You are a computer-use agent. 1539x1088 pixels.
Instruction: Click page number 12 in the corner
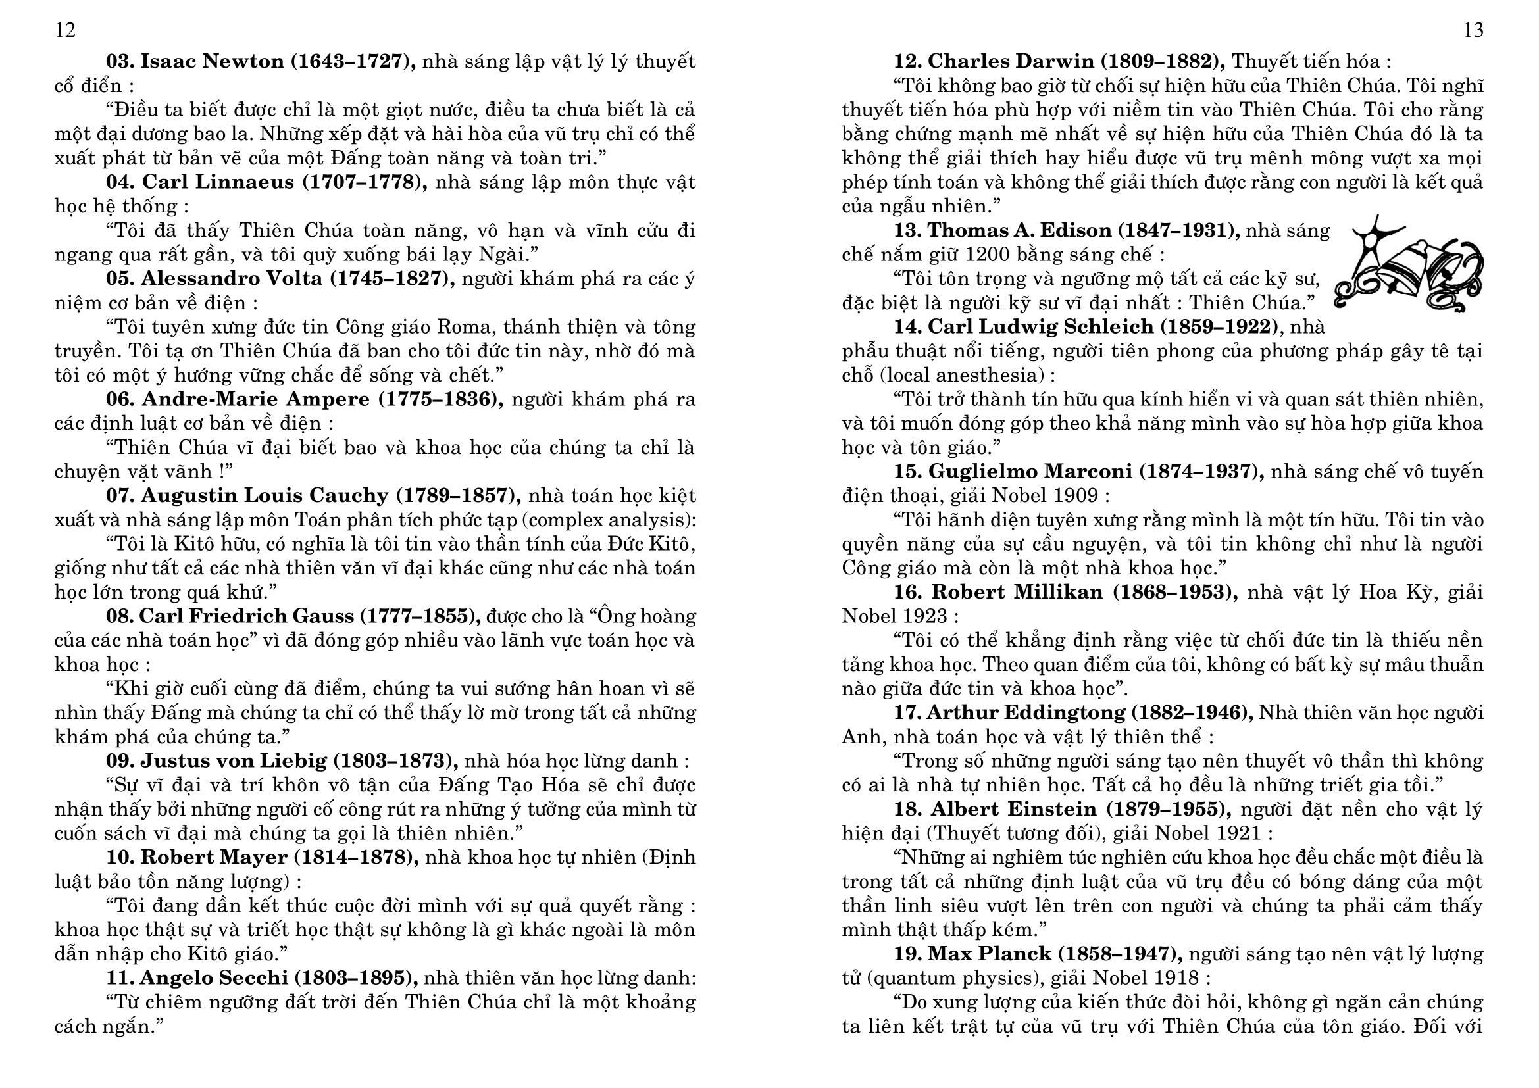tap(65, 30)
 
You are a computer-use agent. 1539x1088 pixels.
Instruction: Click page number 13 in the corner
tap(1473, 30)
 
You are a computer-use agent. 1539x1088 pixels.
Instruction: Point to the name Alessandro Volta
tap(231, 279)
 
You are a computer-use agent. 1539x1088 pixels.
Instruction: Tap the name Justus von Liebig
tap(234, 761)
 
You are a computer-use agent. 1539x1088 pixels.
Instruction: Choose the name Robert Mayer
tap(214, 858)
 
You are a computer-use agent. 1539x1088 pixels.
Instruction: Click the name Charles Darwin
tap(1011, 62)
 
